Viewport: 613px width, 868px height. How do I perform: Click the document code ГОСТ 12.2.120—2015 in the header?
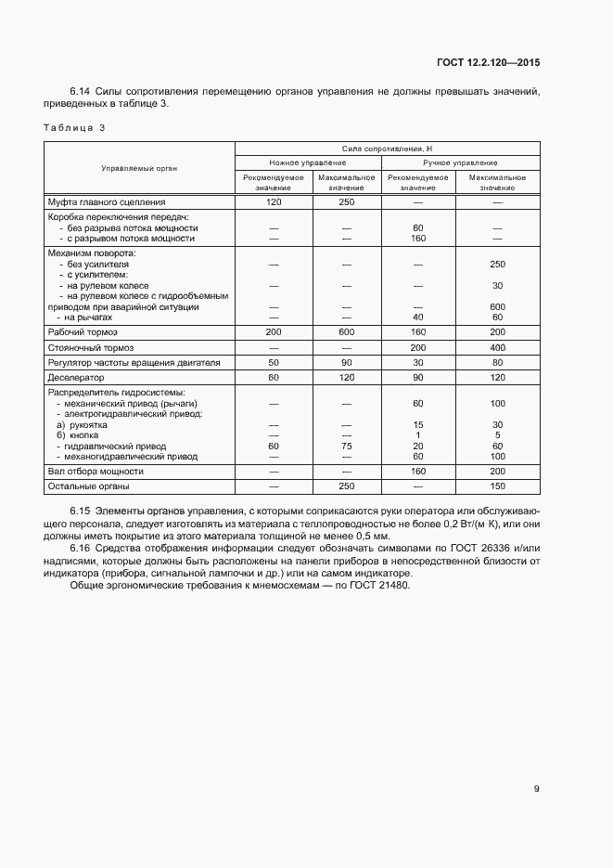tap(488, 63)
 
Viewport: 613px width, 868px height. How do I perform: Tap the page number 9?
tap(537, 789)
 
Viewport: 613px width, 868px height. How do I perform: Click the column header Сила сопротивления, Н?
tap(388, 149)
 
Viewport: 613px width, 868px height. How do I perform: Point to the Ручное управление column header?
tap(460, 162)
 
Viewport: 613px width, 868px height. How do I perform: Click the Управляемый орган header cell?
tap(139, 168)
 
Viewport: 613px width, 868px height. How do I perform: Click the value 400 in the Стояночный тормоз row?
tap(497, 346)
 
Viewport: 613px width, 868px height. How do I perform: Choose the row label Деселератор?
tap(76, 378)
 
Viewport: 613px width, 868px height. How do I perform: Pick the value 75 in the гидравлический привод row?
tap(346, 446)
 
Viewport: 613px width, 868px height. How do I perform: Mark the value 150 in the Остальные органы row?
tap(497, 486)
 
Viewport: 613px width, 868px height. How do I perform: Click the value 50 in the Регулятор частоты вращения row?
tap(274, 362)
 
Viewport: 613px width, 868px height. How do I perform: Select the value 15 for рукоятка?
tap(418, 424)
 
